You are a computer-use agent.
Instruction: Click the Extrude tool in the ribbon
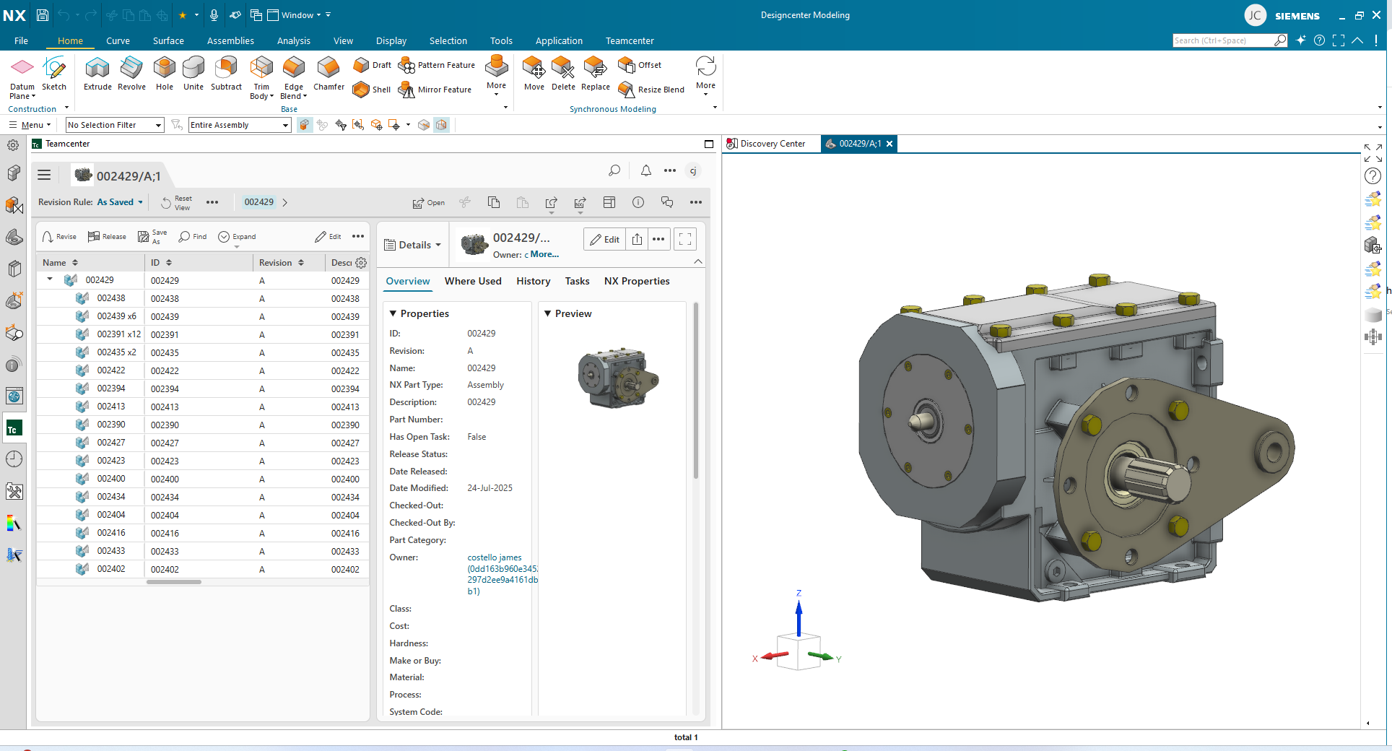97,74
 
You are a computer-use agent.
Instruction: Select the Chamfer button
329,74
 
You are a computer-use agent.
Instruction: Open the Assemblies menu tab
230,40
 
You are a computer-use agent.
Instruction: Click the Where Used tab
473,281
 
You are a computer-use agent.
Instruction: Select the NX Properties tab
636,281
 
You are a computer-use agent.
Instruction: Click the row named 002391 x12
118,334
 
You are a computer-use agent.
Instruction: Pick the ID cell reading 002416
165,533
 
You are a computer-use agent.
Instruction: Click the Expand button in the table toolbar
238,237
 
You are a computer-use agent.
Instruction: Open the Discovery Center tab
772,144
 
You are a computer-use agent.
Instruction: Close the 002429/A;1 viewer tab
889,144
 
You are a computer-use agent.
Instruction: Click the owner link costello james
494,557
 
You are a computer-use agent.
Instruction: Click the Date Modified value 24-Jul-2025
490,488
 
